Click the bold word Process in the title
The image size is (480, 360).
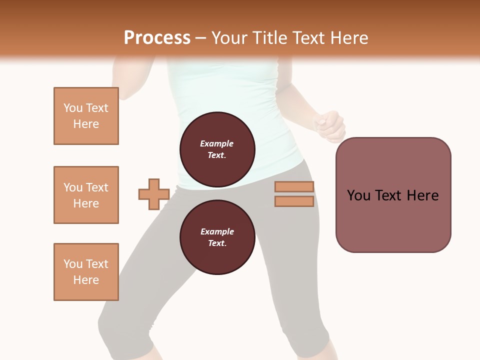pos(157,38)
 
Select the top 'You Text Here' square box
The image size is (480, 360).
pos(86,116)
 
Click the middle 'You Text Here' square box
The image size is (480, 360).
pos(86,195)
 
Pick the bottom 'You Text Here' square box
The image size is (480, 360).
pos(86,272)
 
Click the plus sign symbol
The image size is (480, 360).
pos(154,194)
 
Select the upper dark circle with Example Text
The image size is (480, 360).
pos(217,149)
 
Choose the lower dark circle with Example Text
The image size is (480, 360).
pos(217,237)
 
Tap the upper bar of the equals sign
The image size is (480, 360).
pos(294,187)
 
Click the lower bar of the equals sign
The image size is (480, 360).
pos(294,201)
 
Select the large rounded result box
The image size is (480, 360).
pos(393,195)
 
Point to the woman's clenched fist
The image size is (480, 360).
pos(330,125)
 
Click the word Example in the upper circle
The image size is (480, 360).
pos(217,143)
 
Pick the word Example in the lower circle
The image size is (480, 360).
pos(217,231)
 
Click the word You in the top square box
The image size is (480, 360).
pos(73,108)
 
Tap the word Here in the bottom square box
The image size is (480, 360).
pos(86,280)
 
